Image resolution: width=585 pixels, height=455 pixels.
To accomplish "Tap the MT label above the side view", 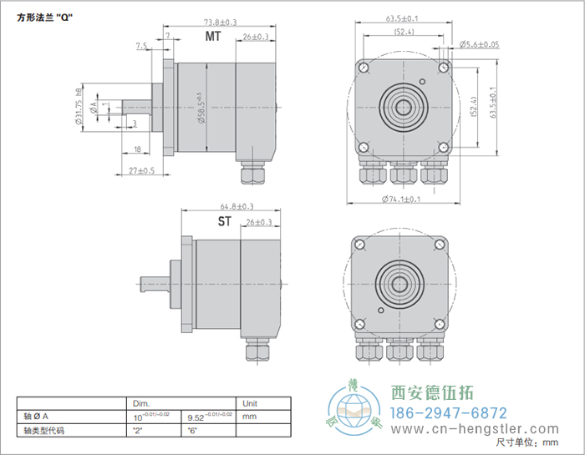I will tap(213, 37).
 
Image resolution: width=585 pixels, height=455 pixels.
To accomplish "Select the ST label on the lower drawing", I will tap(225, 221).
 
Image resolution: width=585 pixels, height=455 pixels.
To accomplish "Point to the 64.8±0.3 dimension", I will tap(237, 206).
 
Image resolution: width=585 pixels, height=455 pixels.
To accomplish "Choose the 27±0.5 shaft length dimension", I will tap(143, 170).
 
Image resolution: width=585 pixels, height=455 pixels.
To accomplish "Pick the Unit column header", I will tap(249, 402).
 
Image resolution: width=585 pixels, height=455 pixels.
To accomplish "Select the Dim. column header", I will tap(141, 402).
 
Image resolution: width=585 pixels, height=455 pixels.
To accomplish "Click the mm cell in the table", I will tap(247, 414).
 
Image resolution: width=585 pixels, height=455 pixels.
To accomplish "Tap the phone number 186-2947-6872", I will tap(450, 413).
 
